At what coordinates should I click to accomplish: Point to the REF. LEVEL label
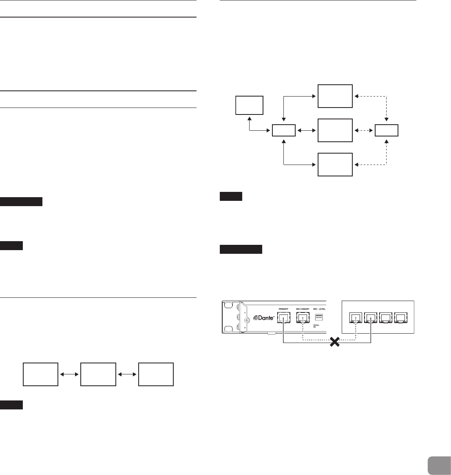(320, 309)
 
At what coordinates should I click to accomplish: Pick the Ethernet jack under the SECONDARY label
(303, 318)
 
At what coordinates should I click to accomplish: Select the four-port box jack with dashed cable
(356, 318)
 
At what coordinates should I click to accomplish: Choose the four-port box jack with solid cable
(371, 318)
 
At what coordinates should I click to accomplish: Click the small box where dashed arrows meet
(387, 130)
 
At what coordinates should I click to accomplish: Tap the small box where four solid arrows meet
(284, 130)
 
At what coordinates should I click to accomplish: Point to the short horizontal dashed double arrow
(364, 130)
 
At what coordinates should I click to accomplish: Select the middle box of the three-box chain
(98, 374)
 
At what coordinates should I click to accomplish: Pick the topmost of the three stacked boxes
(335, 96)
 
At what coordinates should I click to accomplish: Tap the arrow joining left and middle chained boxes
(69, 374)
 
